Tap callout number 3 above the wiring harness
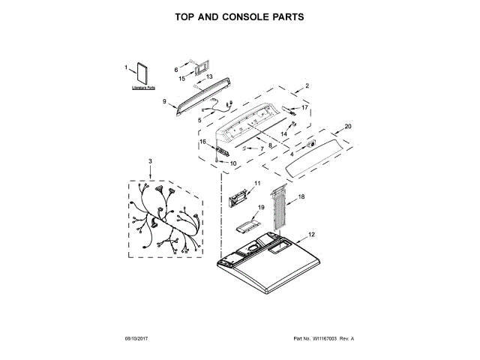tap(150, 161)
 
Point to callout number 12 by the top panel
tap(312, 235)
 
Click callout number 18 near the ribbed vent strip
tap(301, 196)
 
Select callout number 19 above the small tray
tap(262, 207)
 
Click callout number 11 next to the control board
tap(256, 184)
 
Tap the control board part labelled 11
tap(238, 199)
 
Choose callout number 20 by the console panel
tap(347, 126)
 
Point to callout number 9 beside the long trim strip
tap(164, 101)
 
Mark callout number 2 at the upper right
tap(307, 86)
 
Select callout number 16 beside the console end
tap(202, 142)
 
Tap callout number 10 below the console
tap(232, 163)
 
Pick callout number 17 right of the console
tap(304, 108)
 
